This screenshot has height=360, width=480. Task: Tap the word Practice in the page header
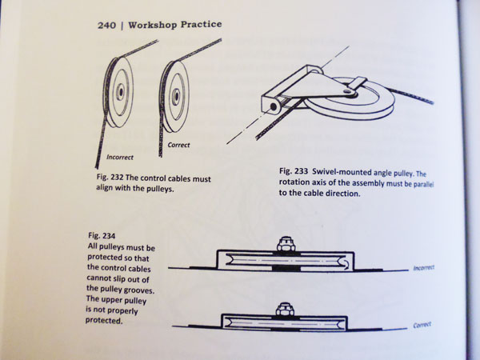click(x=201, y=25)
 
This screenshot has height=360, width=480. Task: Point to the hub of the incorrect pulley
click(x=120, y=91)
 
